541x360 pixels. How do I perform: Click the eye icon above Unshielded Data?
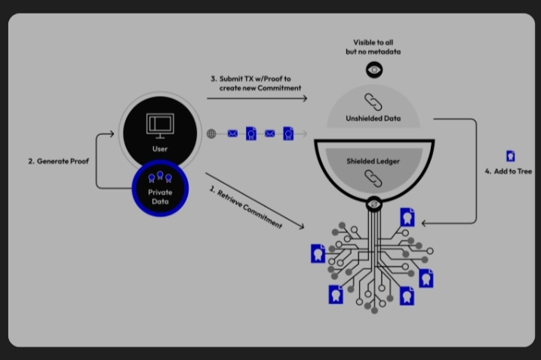click(375, 70)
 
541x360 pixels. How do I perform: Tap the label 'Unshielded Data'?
click(373, 118)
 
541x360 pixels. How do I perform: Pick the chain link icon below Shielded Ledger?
click(373, 178)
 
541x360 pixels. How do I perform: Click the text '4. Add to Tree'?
click(509, 172)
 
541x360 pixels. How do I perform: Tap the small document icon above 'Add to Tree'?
click(511, 156)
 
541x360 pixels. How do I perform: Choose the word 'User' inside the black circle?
click(158, 149)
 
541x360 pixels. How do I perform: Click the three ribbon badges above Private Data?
click(158, 178)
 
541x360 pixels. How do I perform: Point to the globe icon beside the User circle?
click(213, 134)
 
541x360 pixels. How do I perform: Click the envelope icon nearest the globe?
click(232, 134)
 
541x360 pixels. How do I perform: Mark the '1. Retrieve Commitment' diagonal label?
click(244, 205)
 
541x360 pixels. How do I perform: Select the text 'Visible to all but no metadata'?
click(375, 46)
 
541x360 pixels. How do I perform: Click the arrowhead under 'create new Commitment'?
click(304, 98)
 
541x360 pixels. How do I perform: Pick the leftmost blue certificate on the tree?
click(318, 254)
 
